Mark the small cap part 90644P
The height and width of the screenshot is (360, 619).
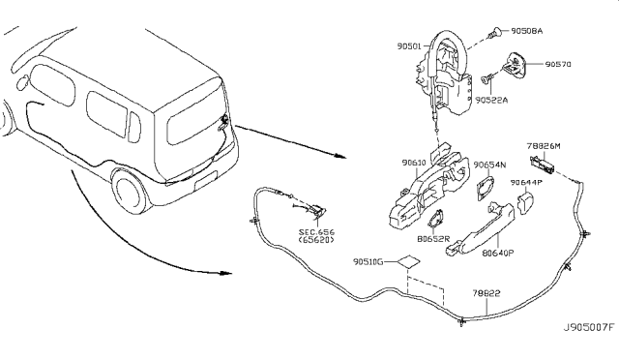(529, 201)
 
